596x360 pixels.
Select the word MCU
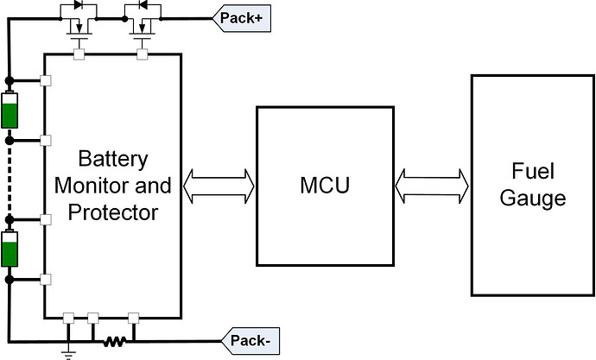(324, 185)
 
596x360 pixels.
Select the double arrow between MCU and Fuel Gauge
(431, 185)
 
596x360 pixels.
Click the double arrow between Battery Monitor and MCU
(220, 185)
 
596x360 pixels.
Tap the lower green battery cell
(10, 250)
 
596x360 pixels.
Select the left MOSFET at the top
(79, 28)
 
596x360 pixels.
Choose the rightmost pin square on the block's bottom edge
(133, 317)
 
